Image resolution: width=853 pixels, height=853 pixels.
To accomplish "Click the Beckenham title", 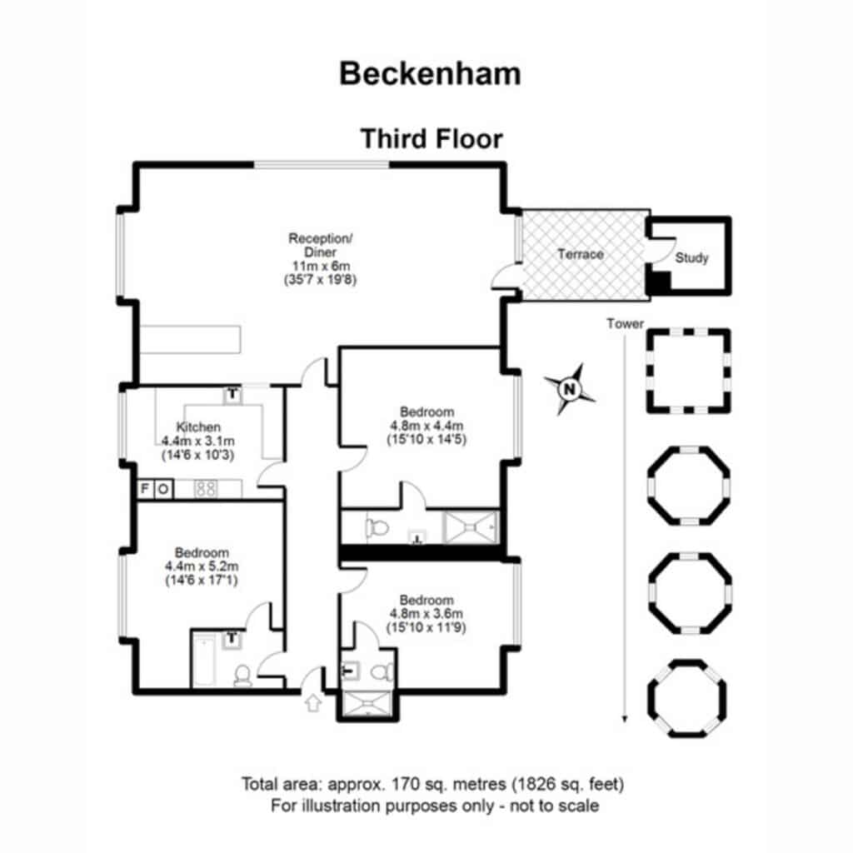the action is coord(430,73).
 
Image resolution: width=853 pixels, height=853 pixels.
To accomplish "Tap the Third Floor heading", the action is coord(431,139).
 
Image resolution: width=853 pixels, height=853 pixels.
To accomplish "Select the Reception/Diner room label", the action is coord(321,246).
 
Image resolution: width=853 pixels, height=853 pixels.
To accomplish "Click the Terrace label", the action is coord(581,254).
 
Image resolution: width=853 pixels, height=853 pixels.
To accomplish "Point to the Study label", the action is coord(691,258).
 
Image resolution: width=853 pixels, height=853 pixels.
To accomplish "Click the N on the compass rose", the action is coord(570,390).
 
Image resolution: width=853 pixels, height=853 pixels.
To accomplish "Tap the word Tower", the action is coord(625,324).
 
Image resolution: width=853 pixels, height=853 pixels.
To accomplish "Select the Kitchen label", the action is coord(198,427).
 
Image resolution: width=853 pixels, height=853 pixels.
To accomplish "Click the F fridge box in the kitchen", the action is coord(145,489).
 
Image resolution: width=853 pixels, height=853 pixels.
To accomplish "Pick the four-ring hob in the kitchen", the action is coord(206,488).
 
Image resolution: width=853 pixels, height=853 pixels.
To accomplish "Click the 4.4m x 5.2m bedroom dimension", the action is coord(202,566).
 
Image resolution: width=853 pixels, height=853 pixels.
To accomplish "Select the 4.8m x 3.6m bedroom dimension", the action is coord(426,614).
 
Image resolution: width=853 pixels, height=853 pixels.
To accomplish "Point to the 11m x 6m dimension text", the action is coord(321,266).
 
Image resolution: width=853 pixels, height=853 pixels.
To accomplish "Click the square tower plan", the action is coord(688,371).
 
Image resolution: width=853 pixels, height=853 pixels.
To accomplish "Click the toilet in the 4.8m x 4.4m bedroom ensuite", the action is coord(377,527).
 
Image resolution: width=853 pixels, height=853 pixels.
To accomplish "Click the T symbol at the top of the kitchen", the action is coord(232,394).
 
